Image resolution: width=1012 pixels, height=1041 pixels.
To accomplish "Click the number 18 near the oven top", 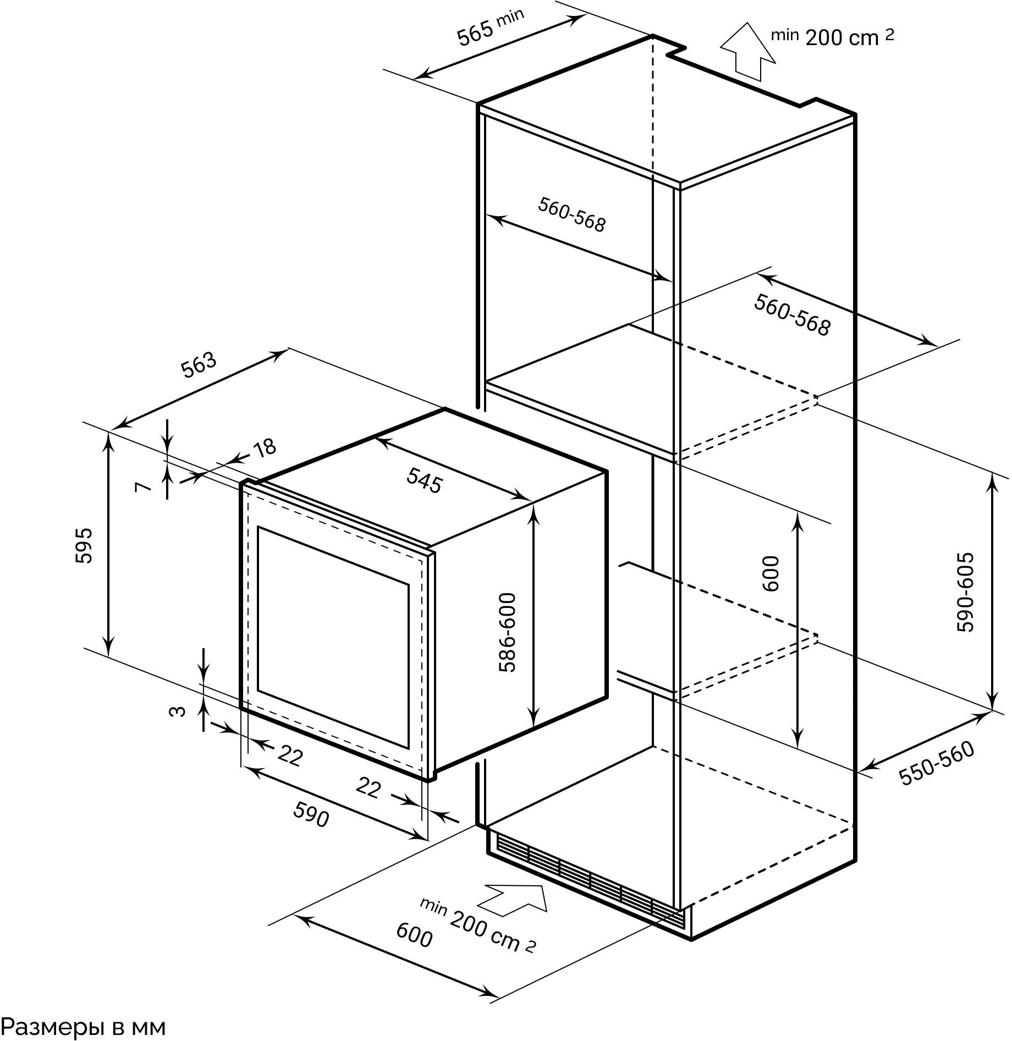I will tap(265, 448).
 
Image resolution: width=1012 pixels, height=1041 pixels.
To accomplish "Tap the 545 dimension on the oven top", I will tap(424, 480).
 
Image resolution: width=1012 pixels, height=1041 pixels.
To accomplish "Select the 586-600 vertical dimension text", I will tap(507, 632).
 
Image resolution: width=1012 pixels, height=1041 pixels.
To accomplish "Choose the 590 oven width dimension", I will tap(311, 814).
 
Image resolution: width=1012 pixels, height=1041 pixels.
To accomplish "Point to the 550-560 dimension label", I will tap(936, 763).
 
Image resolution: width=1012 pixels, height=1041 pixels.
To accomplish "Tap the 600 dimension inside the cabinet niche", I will tap(772, 573).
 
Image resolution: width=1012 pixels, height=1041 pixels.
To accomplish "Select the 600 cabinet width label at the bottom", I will tap(414, 935).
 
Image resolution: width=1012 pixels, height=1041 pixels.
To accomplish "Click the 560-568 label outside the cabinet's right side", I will tap(791, 315).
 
